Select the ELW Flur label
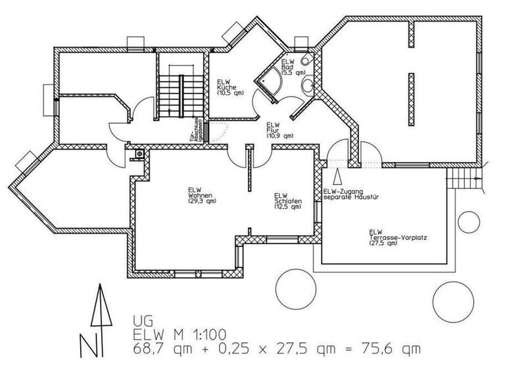276,129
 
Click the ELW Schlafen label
287,200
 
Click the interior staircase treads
180,95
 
